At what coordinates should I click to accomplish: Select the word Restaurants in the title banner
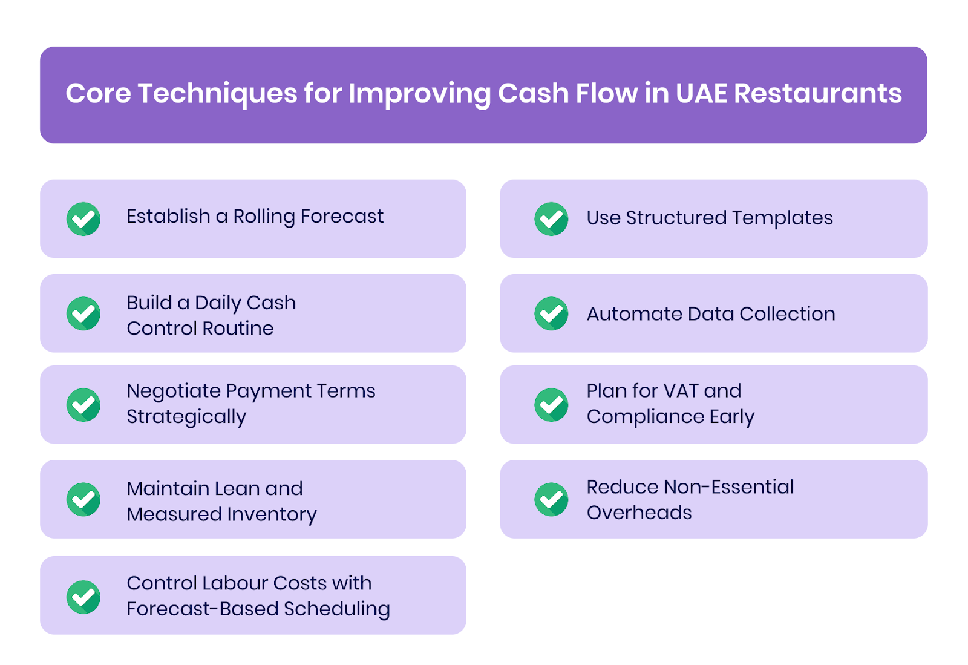click(x=818, y=94)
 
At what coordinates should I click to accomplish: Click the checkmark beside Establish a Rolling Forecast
click(x=83, y=219)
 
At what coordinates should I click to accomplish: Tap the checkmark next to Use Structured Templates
click(x=551, y=219)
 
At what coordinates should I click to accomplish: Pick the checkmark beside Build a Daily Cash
click(x=83, y=313)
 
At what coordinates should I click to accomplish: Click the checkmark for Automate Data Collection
click(x=551, y=313)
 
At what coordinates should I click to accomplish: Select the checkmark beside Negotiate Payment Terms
click(x=83, y=405)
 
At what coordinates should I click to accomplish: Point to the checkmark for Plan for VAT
click(x=551, y=405)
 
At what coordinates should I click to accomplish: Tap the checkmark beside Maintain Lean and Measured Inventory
click(x=83, y=499)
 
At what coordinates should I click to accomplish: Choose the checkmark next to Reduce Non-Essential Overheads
click(x=551, y=499)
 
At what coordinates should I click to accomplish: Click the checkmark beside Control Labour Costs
click(x=83, y=597)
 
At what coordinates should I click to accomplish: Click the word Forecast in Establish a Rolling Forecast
click(x=342, y=216)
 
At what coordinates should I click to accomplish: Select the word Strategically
click(x=186, y=417)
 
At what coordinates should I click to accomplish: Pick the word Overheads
click(x=639, y=513)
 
